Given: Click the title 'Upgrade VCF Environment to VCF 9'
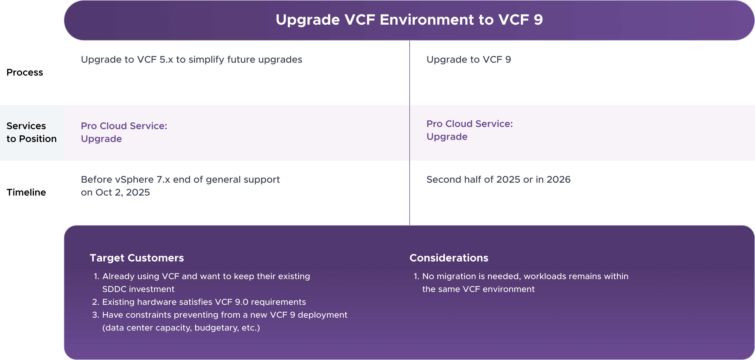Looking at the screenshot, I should point(409,20).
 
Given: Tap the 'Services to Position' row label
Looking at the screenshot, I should point(31,132).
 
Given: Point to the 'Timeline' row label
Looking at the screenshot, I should point(26,192).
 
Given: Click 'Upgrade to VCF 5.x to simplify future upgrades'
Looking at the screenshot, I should point(191,59).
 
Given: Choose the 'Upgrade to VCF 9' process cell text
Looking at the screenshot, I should point(469,59).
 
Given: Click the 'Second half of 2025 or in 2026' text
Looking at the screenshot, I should point(498,179).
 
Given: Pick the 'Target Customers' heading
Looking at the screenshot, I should point(137,258).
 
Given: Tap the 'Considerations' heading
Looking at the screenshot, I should point(449,258).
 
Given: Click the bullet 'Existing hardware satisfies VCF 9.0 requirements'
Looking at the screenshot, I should point(204,302).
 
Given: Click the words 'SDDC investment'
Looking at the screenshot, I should point(138,289).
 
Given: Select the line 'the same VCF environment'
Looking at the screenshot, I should point(478,289).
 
